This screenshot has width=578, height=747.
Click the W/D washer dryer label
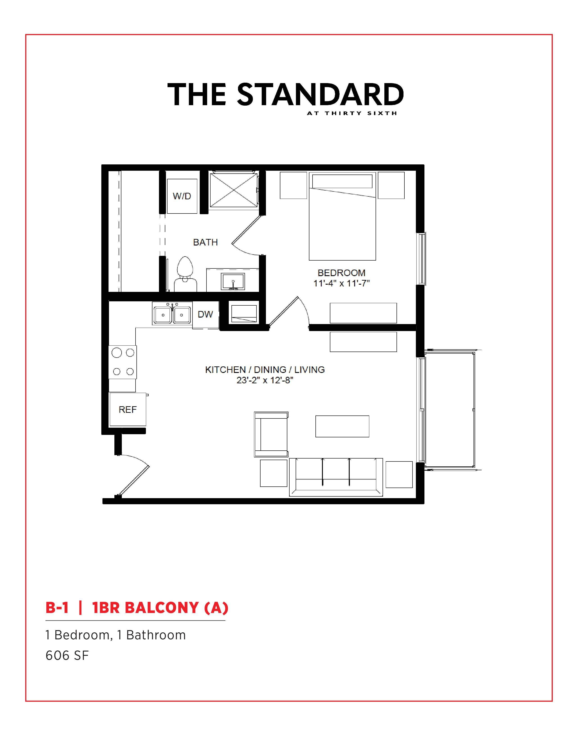pyautogui.click(x=182, y=196)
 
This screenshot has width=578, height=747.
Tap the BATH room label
pyautogui.click(x=205, y=242)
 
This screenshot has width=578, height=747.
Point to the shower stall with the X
pyautogui.click(x=233, y=190)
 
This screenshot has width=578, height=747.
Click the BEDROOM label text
pyautogui.click(x=341, y=273)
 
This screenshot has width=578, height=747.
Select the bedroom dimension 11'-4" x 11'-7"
pyautogui.click(x=341, y=283)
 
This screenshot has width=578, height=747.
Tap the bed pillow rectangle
pyautogui.click(x=342, y=181)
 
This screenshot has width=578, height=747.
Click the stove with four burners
pyautogui.click(x=122, y=362)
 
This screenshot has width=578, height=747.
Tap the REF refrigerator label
pyautogui.click(x=128, y=409)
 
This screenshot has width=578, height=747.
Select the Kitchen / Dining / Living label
pyautogui.click(x=265, y=370)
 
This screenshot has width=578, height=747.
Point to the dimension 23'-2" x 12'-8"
pyautogui.click(x=265, y=380)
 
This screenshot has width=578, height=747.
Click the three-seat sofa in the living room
pyautogui.click(x=336, y=477)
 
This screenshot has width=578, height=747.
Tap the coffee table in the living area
pyautogui.click(x=342, y=426)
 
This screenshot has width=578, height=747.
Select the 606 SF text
pyautogui.click(x=67, y=655)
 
